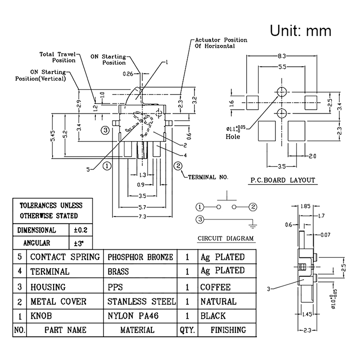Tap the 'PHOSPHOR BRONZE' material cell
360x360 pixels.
tap(140, 257)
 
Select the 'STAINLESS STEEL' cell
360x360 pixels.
tap(141, 301)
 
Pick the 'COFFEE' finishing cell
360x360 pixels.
tap(216, 287)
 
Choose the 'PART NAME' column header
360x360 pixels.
tap(65, 330)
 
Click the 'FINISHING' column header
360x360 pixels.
tap(228, 330)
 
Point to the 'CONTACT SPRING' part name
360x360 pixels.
tap(65, 257)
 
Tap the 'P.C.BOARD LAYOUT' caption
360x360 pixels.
tap(283, 180)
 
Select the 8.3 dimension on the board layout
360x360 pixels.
tap(282, 56)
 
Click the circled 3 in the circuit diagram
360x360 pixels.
tap(199, 220)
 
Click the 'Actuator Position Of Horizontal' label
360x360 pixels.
tap(220, 43)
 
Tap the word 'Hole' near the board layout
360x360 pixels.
tap(234, 136)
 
